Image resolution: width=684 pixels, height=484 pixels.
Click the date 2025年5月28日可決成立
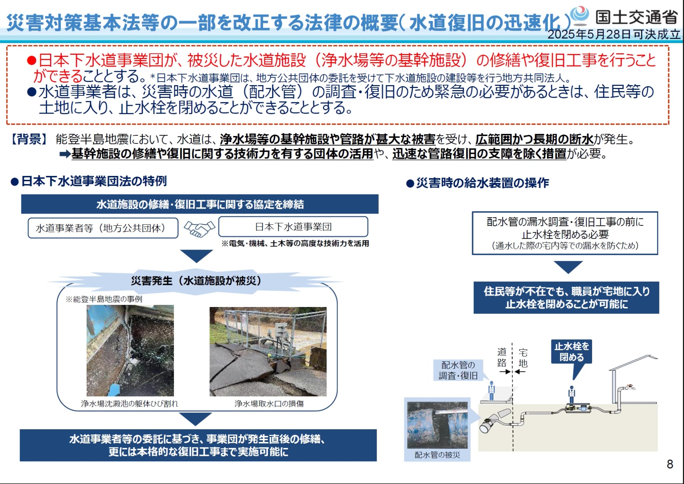pyautogui.click(x=613, y=35)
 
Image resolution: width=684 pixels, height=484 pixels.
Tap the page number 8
pyautogui.click(x=670, y=464)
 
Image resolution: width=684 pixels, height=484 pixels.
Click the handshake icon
pyautogui.click(x=199, y=229)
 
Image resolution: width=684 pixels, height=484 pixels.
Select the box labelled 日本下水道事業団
pyautogui.click(x=293, y=227)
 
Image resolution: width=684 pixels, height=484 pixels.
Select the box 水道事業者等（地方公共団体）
pyautogui.click(x=103, y=228)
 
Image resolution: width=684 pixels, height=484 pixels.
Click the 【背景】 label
pyautogui.click(x=29, y=139)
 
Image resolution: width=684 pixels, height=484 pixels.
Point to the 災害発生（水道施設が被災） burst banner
pyautogui.click(x=196, y=281)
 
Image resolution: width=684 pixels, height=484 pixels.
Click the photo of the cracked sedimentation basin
pyautogui.click(x=130, y=350)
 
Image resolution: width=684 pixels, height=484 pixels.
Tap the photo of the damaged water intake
pyautogui.click(x=268, y=352)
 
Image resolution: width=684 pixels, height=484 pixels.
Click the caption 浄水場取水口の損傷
pyautogui.click(x=269, y=404)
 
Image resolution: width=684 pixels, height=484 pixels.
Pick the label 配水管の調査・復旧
pyautogui.click(x=458, y=370)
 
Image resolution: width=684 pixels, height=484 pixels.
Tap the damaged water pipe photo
pyautogui.click(x=437, y=425)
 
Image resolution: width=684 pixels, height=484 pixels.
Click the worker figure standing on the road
pyautogui.click(x=492, y=391)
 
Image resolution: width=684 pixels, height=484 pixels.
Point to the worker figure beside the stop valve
pyautogui.click(x=572, y=395)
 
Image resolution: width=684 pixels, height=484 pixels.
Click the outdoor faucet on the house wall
pyautogui.click(x=630, y=387)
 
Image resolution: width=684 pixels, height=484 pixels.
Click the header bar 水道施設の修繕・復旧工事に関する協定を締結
pyautogui.click(x=200, y=204)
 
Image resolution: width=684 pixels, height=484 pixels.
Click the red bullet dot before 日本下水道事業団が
pyautogui.click(x=32, y=61)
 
